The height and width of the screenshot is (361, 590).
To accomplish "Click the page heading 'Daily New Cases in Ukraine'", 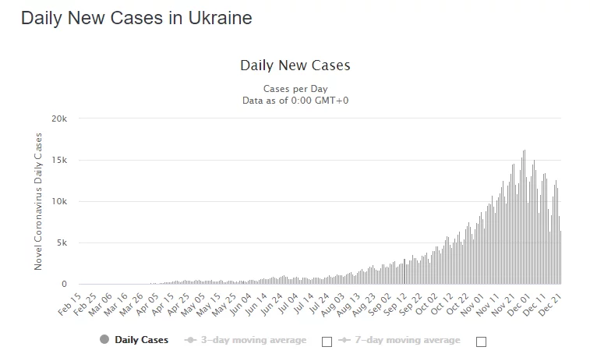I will click(136, 18).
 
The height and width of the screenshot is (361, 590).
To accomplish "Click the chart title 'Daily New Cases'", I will click(295, 65).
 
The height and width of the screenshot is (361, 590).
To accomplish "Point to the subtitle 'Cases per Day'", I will click(295, 88).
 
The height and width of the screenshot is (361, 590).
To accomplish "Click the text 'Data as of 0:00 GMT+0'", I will click(295, 100).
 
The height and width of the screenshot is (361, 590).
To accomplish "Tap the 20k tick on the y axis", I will click(59, 119).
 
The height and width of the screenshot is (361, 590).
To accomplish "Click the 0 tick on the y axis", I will click(65, 284).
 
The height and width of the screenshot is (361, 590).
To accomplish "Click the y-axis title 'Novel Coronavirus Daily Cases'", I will click(38, 201).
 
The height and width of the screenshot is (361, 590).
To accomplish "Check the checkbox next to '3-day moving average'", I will click(327, 341).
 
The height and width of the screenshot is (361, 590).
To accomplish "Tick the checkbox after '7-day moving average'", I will click(481, 341).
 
